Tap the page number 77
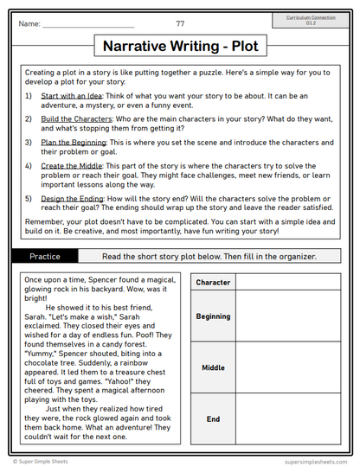click(x=180, y=23)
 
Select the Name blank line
click(x=88, y=25)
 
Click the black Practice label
click(x=45, y=256)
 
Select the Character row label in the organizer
click(x=213, y=283)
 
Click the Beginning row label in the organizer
click(x=213, y=316)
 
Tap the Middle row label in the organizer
click(x=213, y=367)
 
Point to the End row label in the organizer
click(x=213, y=419)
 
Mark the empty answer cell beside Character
click(x=290, y=283)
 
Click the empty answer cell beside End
click(x=290, y=419)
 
